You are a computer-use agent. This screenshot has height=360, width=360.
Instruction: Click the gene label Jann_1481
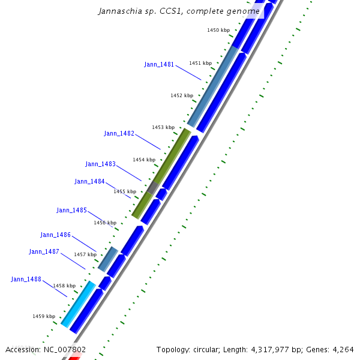159,64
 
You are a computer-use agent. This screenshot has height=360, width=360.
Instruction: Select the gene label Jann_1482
119,133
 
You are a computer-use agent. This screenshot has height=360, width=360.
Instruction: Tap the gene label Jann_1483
100,164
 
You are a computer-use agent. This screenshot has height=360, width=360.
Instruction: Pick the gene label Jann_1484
89,181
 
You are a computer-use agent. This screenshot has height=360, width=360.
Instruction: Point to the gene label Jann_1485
71,210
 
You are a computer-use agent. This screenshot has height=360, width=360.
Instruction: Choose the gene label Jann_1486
55,235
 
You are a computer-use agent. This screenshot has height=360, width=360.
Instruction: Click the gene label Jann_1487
44,251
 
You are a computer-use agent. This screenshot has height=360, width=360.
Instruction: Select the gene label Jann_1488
26,279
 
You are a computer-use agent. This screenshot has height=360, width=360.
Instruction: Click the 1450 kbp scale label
218,29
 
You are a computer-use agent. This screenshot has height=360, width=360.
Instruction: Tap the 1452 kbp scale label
182,95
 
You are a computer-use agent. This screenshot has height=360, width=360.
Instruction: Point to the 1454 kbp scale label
144,160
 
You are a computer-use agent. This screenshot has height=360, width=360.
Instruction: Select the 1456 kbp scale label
105,223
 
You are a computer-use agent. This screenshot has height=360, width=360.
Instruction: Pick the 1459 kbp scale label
44,316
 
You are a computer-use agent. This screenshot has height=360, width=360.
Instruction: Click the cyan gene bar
79,304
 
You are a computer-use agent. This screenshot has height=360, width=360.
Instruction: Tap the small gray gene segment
153,188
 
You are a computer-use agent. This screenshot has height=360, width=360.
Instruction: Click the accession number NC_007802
64,350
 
